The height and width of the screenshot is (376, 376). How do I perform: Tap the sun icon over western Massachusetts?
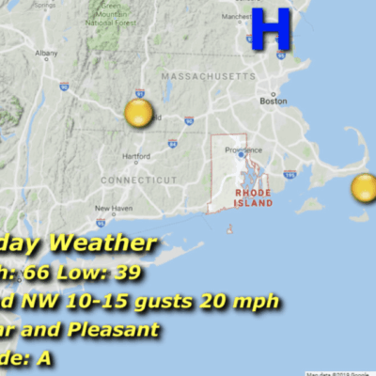pyautogui.click(x=138, y=114)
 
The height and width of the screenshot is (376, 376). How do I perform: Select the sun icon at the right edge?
pyautogui.click(x=364, y=188)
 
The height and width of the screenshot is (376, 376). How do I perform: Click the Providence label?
pyautogui.click(x=241, y=149)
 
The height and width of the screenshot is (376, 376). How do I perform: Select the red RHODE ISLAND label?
pyautogui.click(x=253, y=196)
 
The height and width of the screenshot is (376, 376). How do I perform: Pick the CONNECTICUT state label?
pyautogui.click(x=132, y=179)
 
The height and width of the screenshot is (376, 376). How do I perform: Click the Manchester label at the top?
pyautogui.click(x=237, y=18)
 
